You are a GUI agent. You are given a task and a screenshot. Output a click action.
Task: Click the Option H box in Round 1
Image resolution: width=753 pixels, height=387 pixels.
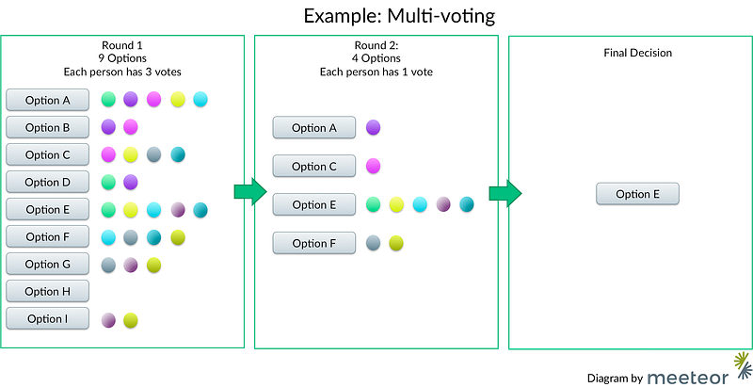point(48,292)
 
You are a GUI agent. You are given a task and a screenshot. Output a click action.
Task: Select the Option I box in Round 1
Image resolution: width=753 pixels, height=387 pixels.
point(48,319)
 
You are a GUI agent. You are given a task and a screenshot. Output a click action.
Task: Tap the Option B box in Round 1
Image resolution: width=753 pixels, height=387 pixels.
point(48,128)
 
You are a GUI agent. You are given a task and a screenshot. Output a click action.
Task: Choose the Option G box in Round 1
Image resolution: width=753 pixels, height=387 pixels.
point(48,264)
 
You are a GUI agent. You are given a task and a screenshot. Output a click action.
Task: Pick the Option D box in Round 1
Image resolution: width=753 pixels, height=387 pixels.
point(48,183)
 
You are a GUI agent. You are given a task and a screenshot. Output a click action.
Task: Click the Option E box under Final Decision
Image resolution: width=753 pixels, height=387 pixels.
point(638,194)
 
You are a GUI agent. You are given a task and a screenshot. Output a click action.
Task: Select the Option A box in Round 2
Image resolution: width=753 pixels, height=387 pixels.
point(314,128)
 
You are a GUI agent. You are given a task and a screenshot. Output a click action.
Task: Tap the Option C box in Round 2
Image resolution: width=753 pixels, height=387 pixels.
point(314,166)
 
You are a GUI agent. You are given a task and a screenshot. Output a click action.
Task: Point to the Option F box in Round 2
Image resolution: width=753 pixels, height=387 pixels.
point(314,244)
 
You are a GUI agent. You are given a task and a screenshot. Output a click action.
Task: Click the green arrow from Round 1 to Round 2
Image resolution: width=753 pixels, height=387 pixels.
point(250,191)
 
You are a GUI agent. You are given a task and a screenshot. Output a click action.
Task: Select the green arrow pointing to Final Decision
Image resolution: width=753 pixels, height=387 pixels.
point(505,194)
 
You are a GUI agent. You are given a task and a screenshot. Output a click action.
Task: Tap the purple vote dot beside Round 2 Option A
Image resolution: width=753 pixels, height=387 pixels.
point(373,128)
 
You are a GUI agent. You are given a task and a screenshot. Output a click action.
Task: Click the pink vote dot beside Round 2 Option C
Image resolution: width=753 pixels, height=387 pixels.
point(373,166)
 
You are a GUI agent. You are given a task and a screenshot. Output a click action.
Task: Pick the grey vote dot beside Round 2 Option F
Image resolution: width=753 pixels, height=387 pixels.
point(373,243)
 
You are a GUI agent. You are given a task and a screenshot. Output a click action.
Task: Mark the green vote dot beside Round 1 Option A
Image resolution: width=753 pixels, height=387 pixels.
point(108,100)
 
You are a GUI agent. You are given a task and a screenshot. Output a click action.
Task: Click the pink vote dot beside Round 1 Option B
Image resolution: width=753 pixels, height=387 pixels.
point(131,127)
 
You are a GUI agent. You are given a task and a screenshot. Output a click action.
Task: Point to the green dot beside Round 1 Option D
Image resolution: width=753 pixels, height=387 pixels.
point(108,182)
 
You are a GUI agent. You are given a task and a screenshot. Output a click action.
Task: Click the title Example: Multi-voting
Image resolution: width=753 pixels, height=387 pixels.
point(399,16)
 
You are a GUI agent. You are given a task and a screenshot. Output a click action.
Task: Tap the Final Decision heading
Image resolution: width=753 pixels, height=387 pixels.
point(638,53)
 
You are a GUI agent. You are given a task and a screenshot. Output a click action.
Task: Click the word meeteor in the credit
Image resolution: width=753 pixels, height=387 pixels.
point(688,377)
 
